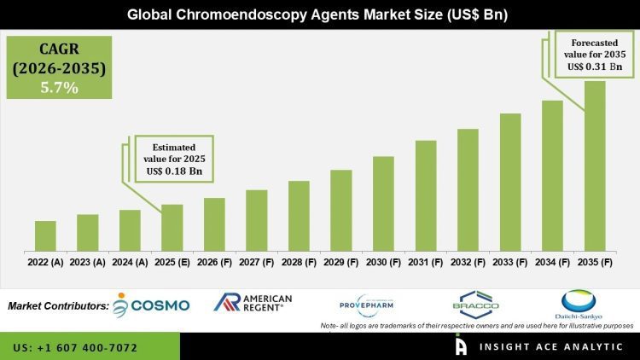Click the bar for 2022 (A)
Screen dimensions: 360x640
point(45,235)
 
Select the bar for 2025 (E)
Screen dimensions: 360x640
point(172,227)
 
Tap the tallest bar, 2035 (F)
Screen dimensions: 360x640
point(595,165)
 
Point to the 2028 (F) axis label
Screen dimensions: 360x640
point(299,262)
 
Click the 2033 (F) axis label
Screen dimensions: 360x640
point(510,262)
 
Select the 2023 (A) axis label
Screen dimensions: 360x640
point(87,262)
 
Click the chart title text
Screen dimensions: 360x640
point(320,15)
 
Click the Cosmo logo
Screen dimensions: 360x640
point(151,305)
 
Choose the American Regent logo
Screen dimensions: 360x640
point(253,303)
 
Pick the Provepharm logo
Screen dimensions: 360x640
point(367,303)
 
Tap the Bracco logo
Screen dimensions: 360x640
point(475,303)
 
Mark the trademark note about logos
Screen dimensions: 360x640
point(478,326)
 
